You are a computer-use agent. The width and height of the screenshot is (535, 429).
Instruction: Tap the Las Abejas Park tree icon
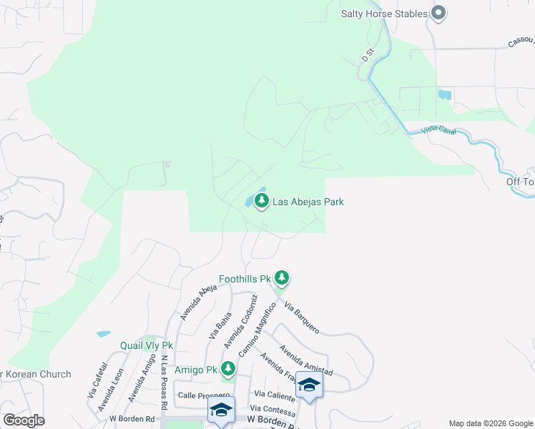[x=262, y=202]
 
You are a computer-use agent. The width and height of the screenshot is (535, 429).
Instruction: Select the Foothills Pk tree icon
[x=282, y=277]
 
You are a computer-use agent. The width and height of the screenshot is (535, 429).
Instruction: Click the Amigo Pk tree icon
[x=228, y=369]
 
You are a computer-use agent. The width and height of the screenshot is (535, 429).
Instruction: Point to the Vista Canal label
[x=439, y=129]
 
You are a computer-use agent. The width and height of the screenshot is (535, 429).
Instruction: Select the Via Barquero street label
[x=301, y=318]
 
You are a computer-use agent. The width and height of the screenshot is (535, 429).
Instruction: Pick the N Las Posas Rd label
[x=164, y=383]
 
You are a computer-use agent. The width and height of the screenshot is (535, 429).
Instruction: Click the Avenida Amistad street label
[x=305, y=360]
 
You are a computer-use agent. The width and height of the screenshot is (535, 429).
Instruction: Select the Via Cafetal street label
[x=97, y=380]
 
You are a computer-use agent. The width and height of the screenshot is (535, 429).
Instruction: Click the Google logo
[x=24, y=420]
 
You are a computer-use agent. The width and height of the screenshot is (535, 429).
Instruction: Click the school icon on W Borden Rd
[x=221, y=410]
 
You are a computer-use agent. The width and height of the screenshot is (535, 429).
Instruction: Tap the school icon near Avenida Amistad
[x=309, y=386]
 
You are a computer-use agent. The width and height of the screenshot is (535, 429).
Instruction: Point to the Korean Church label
[x=36, y=374]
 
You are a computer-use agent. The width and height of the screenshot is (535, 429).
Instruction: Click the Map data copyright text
[x=490, y=423]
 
